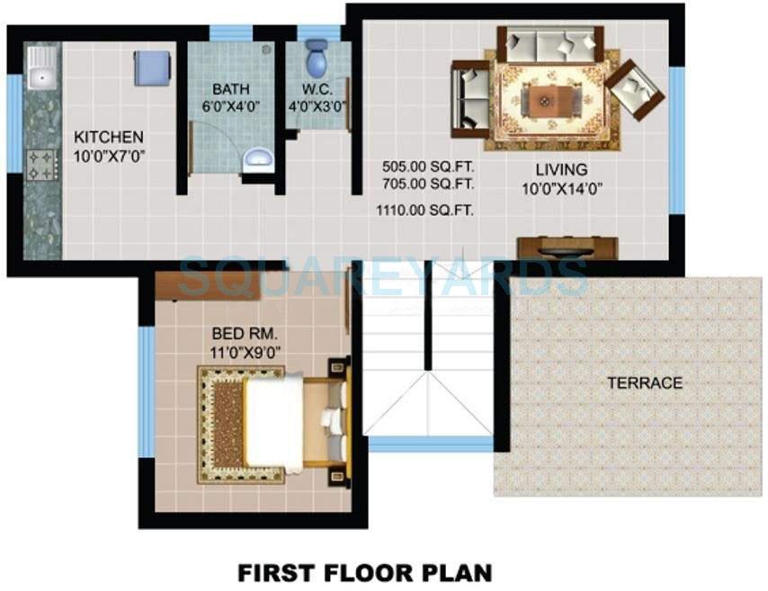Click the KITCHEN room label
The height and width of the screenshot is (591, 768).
pyautogui.click(x=108, y=138)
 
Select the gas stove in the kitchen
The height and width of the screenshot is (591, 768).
pyautogui.click(x=40, y=164)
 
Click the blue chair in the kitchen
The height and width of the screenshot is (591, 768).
pyautogui.click(x=152, y=68)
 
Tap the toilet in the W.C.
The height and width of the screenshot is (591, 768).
pyautogui.click(x=316, y=58)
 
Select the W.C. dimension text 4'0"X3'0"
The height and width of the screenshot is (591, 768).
pyautogui.click(x=317, y=105)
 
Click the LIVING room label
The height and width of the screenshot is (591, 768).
pyautogui.click(x=561, y=169)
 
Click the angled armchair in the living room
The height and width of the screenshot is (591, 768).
pyautogui.click(x=635, y=89)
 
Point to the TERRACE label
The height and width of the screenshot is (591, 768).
pyautogui.click(x=644, y=383)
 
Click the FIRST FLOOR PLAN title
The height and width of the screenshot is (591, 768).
pyautogui.click(x=364, y=572)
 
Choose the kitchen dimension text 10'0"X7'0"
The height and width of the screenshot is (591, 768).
pyautogui.click(x=108, y=155)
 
